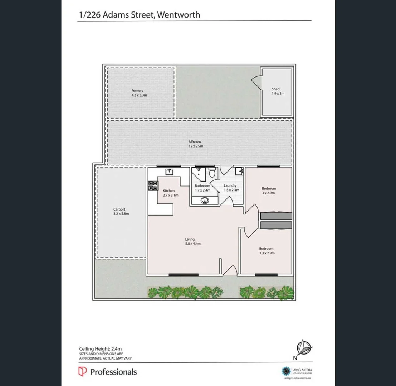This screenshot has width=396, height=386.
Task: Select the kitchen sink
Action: (x=169, y=172)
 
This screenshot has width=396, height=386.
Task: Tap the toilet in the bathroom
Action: (x=212, y=173)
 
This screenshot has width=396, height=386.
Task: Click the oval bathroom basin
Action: (x=205, y=200)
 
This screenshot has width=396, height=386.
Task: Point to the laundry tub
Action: (x=239, y=172)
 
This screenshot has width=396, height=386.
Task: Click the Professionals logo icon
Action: (x=83, y=372)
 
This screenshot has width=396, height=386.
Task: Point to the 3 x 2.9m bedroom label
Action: (x=269, y=190)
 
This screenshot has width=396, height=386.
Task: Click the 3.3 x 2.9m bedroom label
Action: (x=266, y=251)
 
